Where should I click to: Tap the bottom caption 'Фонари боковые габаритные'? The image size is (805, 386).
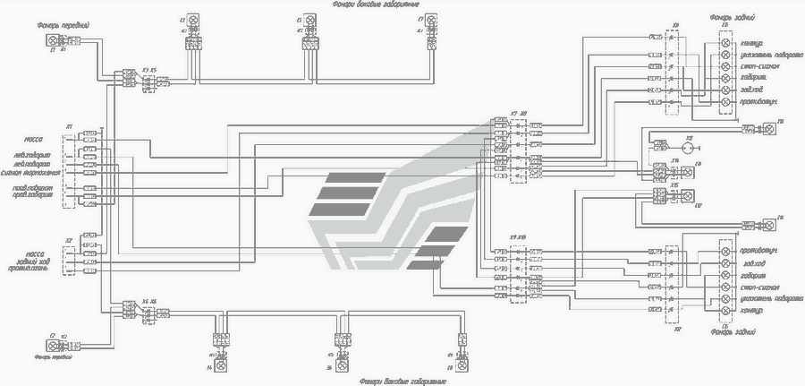pyautogui.click(x=404, y=381)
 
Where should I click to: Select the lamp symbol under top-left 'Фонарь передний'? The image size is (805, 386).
pyautogui.click(x=52, y=41)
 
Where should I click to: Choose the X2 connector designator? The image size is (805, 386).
pyautogui.click(x=69, y=240)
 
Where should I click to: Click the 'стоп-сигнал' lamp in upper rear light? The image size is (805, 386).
pyautogui.click(x=726, y=65)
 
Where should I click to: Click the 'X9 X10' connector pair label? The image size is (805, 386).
pyautogui.click(x=516, y=236)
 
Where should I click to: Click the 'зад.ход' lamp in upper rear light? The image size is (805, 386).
pyautogui.click(x=726, y=90)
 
